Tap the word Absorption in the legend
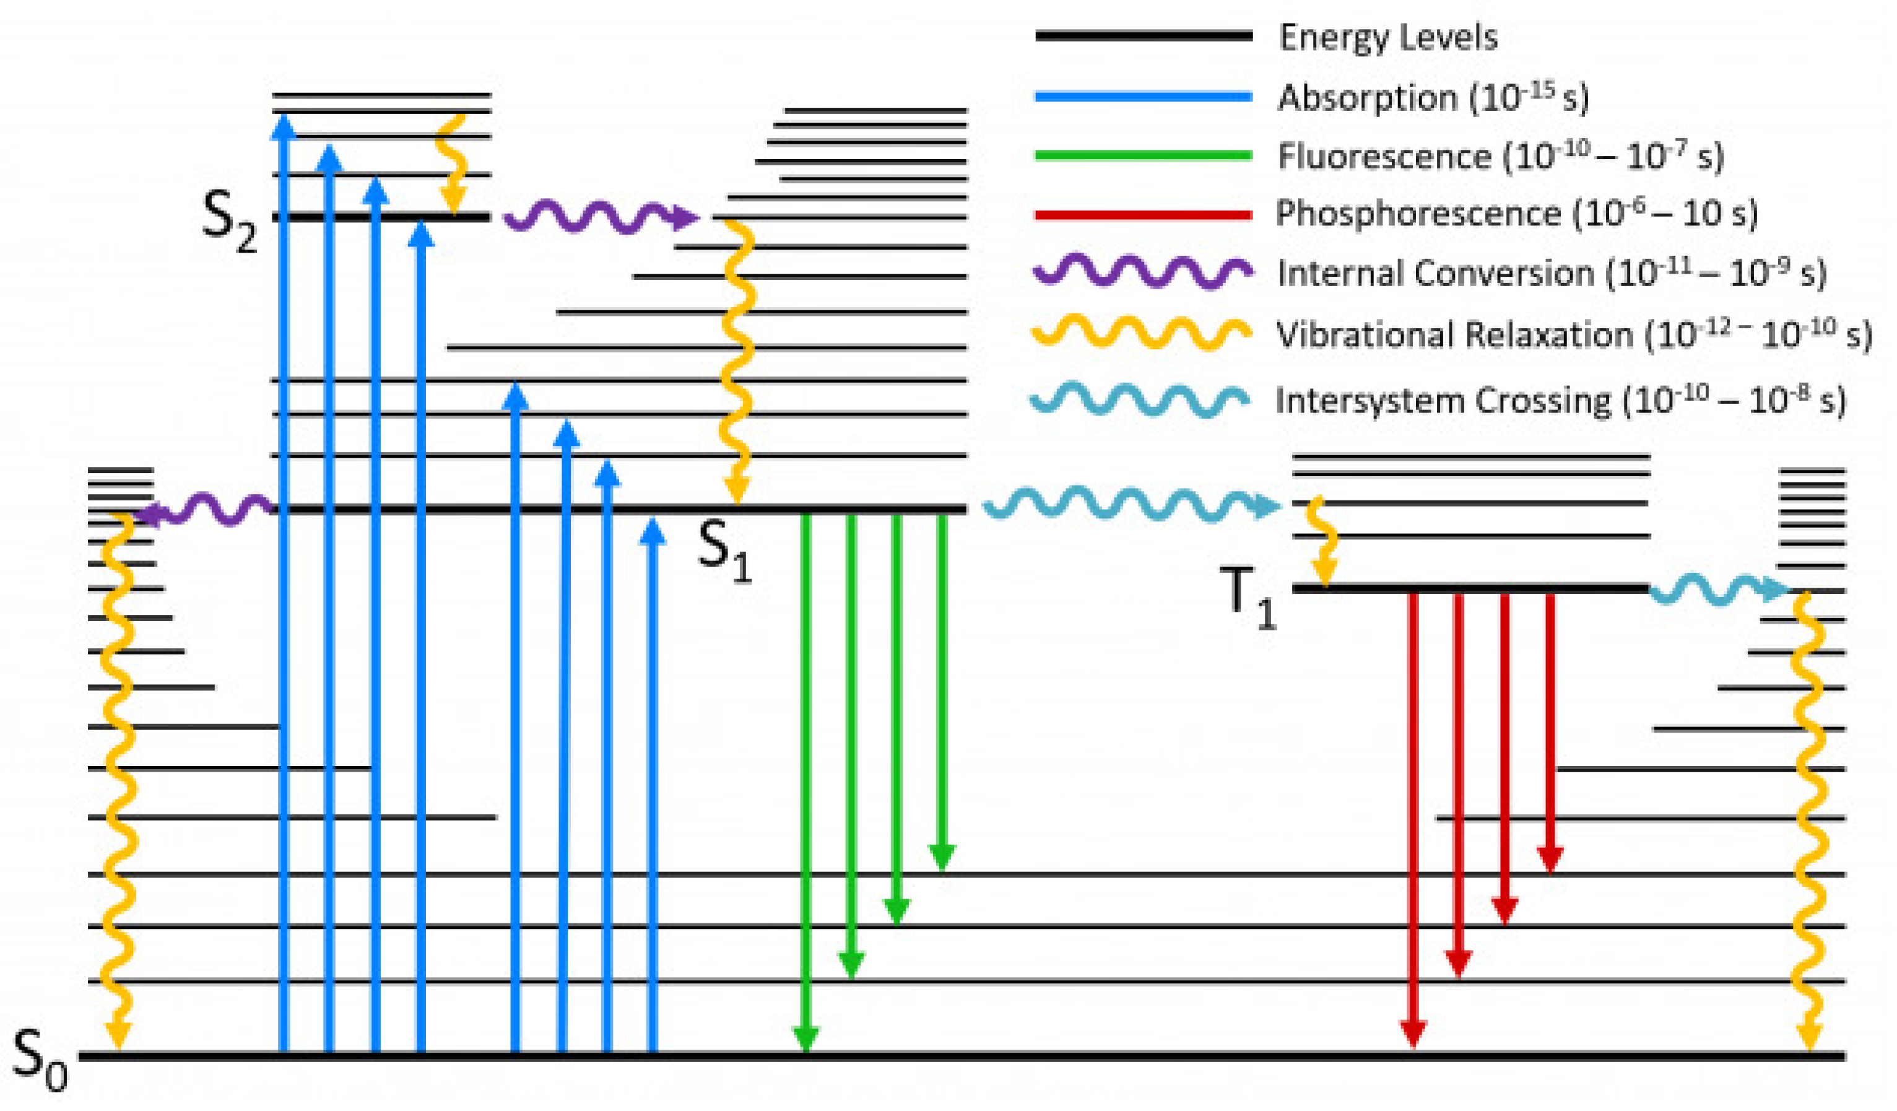pos(1366,98)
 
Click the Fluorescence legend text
pos(1384,157)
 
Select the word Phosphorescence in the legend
pos(1417,215)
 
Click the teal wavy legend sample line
pos(1140,400)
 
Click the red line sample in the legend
pos(1143,216)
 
